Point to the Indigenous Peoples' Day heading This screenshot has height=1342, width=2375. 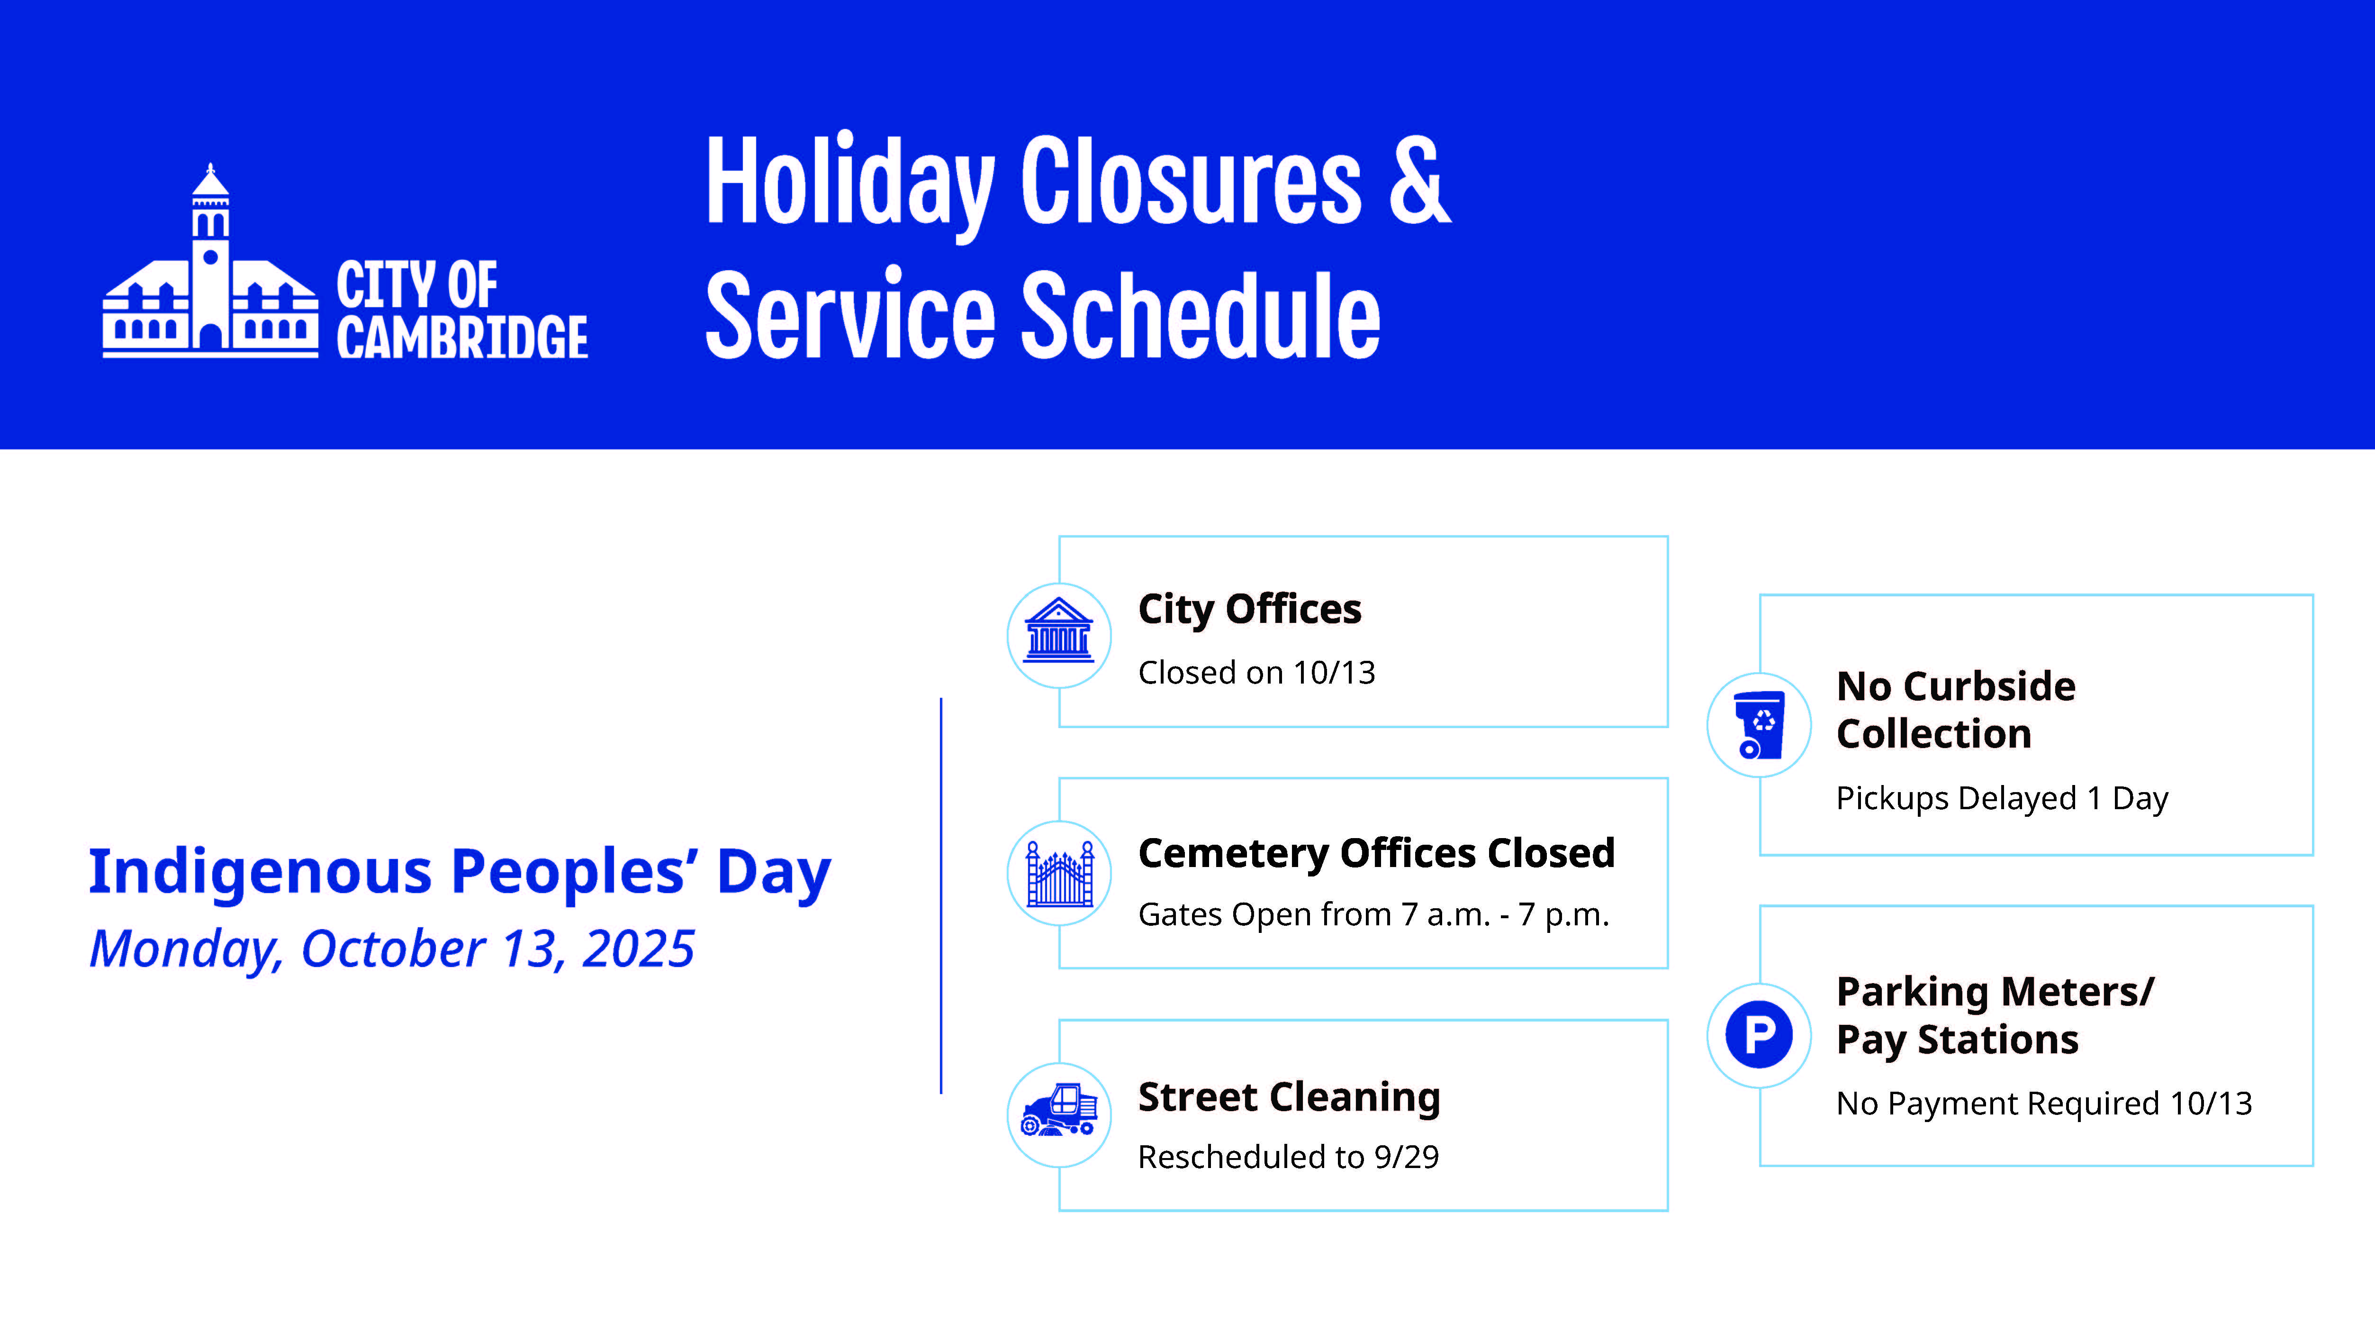click(x=459, y=873)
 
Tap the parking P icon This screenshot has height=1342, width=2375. click(x=1759, y=1034)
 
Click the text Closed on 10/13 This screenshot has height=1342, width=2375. click(x=1256, y=672)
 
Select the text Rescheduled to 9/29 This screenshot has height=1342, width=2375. click(x=1288, y=1157)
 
